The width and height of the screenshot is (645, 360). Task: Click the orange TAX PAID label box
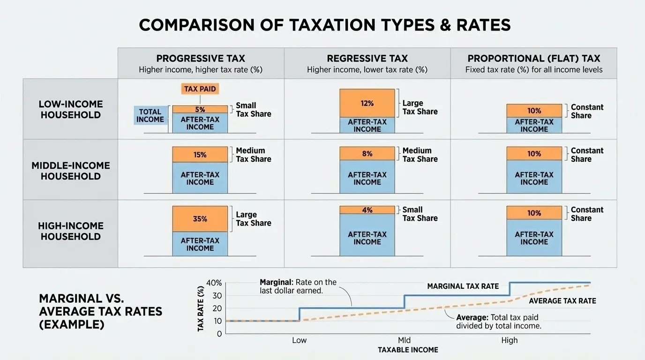coord(200,89)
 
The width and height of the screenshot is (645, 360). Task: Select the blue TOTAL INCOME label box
coord(150,115)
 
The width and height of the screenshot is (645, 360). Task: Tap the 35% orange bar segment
coord(200,219)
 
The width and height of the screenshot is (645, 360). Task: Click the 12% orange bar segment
coord(367,103)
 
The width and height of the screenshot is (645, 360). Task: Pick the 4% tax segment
coord(367,210)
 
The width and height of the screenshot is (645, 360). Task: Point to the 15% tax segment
coord(200,155)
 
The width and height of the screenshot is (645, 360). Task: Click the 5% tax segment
coord(200,109)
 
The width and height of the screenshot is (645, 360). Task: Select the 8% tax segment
coord(367,153)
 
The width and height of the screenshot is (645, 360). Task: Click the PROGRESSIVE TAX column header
coord(201,59)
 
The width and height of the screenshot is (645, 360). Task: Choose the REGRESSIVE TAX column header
coord(367,59)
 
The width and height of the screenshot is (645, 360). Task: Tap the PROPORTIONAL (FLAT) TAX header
coord(534,59)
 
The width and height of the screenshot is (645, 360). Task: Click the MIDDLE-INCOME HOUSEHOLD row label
coord(71,171)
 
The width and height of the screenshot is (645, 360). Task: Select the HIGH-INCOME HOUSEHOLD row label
coord(71,231)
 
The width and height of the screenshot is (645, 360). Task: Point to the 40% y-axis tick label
coord(214,283)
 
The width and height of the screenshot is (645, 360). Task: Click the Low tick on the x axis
coord(299,340)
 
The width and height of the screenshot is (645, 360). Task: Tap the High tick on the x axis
coord(510,340)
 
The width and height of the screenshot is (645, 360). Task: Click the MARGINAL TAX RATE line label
coord(463,286)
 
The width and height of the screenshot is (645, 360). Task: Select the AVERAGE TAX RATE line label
coord(562,301)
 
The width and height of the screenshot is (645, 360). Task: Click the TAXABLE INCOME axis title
coord(408,350)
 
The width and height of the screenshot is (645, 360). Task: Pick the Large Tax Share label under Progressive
coord(254,219)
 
